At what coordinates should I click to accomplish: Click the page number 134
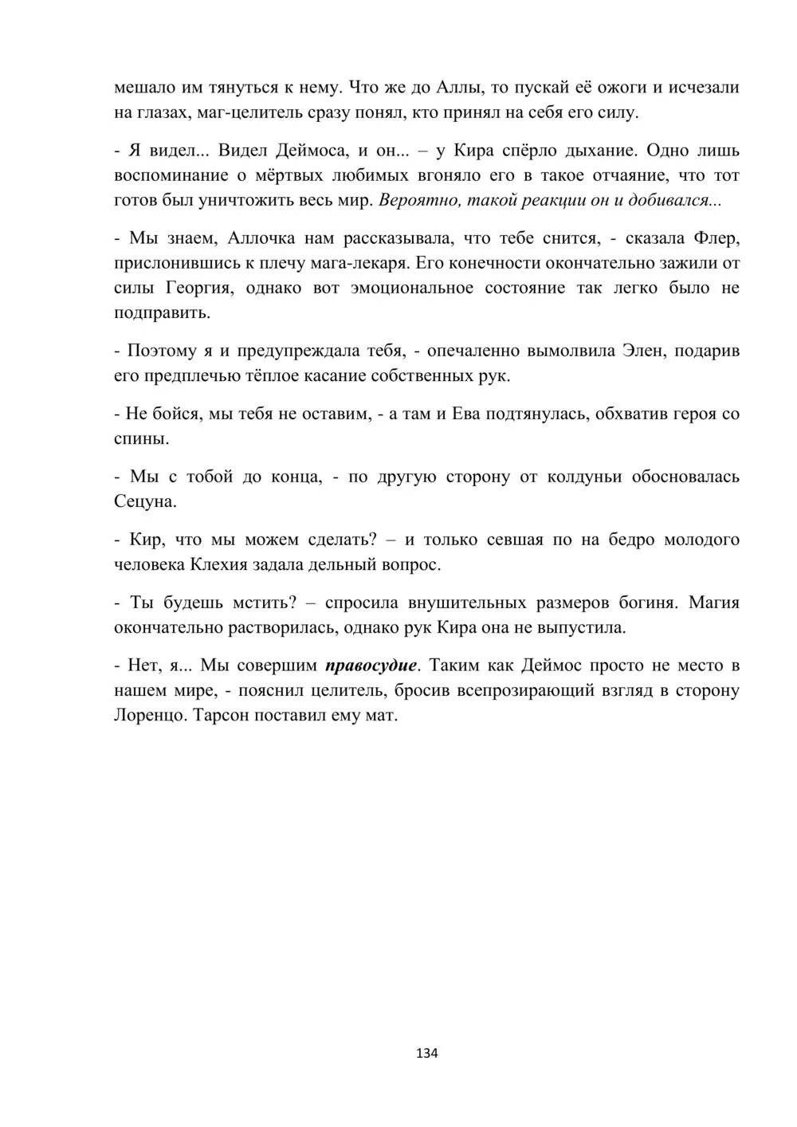427,1053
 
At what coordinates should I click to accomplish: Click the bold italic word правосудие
371,665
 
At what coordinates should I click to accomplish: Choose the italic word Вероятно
415,200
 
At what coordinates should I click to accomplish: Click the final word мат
381,715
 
